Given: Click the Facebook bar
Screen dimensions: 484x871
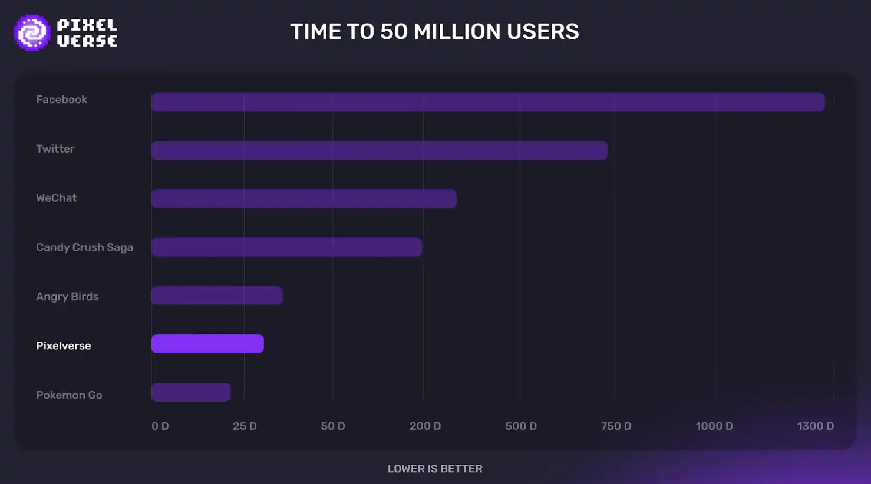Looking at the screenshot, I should pos(488,102).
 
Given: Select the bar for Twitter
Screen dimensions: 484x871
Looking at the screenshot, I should pos(380,150).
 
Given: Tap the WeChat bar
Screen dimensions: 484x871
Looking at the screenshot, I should pos(304,198).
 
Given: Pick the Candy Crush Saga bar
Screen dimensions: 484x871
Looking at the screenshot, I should pos(286,247).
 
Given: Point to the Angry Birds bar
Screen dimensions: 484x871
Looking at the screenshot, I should pos(217,296).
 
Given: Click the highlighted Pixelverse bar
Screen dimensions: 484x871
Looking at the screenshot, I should pos(207,344).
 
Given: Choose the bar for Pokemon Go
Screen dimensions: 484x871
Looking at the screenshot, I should pos(191,392).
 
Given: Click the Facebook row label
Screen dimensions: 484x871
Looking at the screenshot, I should pos(61,100).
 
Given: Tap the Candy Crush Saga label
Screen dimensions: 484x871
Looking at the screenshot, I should pos(84,247).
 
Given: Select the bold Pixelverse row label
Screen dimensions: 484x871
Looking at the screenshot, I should pos(64,346).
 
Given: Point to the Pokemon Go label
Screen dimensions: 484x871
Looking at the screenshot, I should pos(69,395).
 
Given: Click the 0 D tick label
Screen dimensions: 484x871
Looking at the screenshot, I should pos(160,426).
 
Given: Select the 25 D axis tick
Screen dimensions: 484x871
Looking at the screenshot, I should pos(245,426).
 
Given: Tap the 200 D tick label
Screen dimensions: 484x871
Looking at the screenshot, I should pos(425,426).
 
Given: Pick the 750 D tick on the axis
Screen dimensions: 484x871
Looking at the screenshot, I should pos(616,426).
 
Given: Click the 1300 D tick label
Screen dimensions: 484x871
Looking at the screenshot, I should pos(815,426).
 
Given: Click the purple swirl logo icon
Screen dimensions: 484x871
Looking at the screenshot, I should pos(32,32).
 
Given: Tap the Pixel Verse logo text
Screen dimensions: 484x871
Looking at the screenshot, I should pos(87,32).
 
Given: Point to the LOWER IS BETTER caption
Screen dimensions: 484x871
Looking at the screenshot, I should pos(435,469).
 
